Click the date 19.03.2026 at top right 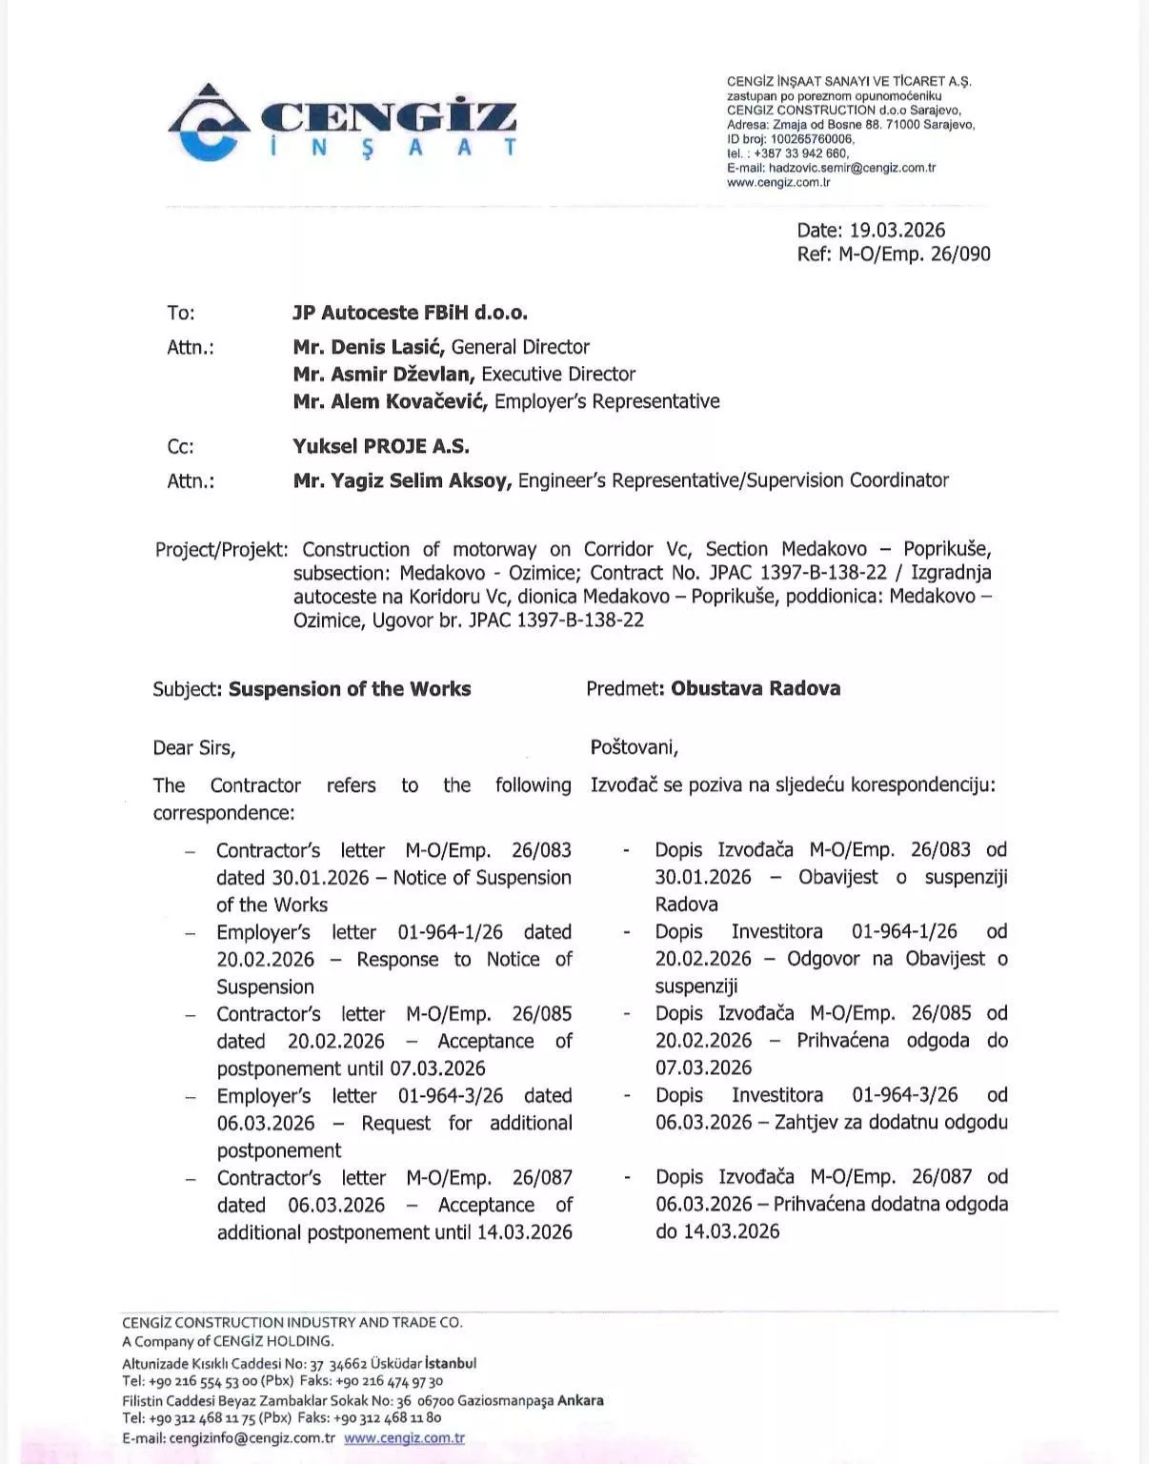pos(897,230)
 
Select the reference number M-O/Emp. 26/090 pos(915,254)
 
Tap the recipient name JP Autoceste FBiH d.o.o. pos(410,313)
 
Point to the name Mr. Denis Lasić pos(370,347)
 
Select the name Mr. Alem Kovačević pos(391,401)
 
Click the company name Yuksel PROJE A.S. pos(381,446)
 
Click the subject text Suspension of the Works pos(350,688)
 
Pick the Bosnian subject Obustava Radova pos(756,688)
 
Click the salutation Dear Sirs pos(193,748)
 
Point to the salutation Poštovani pos(634,748)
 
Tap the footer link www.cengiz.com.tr pos(404,1438)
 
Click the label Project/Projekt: pos(221,550)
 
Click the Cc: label pos(180,447)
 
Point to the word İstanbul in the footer pos(451,1363)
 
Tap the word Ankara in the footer pos(580,1400)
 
